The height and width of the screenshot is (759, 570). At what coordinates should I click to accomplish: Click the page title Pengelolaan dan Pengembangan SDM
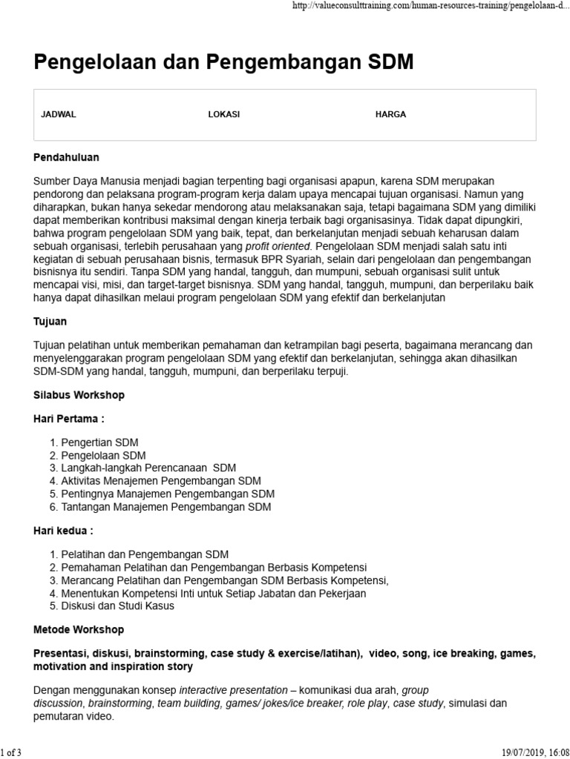[x=223, y=64]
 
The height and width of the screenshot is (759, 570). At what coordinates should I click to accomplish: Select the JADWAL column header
[x=59, y=115]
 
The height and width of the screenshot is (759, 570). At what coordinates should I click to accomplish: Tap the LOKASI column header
[x=224, y=115]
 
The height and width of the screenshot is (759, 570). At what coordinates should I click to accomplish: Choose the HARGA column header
[x=390, y=115]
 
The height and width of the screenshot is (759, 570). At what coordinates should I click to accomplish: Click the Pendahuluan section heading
[x=66, y=158]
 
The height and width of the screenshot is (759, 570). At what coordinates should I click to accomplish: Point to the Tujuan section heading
[x=50, y=322]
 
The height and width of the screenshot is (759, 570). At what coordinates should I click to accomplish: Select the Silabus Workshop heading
[x=79, y=395]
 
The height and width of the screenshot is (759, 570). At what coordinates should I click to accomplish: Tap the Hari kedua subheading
[x=64, y=531]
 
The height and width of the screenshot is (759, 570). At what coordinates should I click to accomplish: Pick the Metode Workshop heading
[x=79, y=629]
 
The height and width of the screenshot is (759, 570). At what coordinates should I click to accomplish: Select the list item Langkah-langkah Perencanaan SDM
[x=148, y=468]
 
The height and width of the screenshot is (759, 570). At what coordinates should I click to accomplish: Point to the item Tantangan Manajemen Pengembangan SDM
[x=166, y=507]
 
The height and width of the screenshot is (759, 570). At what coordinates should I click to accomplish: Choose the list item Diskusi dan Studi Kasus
[x=117, y=606]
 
